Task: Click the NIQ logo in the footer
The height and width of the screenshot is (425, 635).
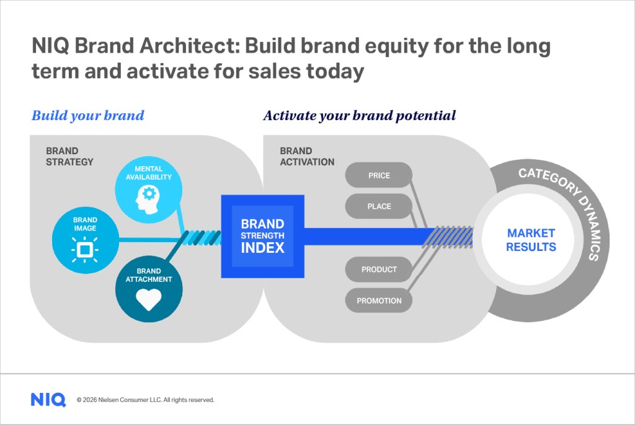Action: [x=48, y=400]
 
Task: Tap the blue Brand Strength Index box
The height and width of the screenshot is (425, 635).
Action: [x=262, y=236]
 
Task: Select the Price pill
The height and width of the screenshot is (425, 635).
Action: [x=379, y=175]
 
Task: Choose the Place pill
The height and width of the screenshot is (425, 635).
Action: [x=379, y=206]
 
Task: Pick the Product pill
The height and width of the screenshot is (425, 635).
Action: [x=379, y=269]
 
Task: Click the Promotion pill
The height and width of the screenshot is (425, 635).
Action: [x=379, y=300]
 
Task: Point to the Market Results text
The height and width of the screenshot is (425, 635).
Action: [x=531, y=240]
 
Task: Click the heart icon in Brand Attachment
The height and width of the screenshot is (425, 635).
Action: [x=149, y=300]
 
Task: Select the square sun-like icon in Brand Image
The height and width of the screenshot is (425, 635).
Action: [x=85, y=249]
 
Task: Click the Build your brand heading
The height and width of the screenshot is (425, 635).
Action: [x=87, y=115]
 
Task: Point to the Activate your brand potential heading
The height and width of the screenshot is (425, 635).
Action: [x=360, y=115]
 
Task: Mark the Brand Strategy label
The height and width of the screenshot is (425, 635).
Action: [x=69, y=156]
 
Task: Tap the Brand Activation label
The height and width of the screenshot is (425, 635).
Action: [x=307, y=156]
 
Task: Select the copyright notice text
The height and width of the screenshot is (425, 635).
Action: [x=145, y=400]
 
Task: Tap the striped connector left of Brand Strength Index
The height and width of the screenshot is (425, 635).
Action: [x=202, y=237]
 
